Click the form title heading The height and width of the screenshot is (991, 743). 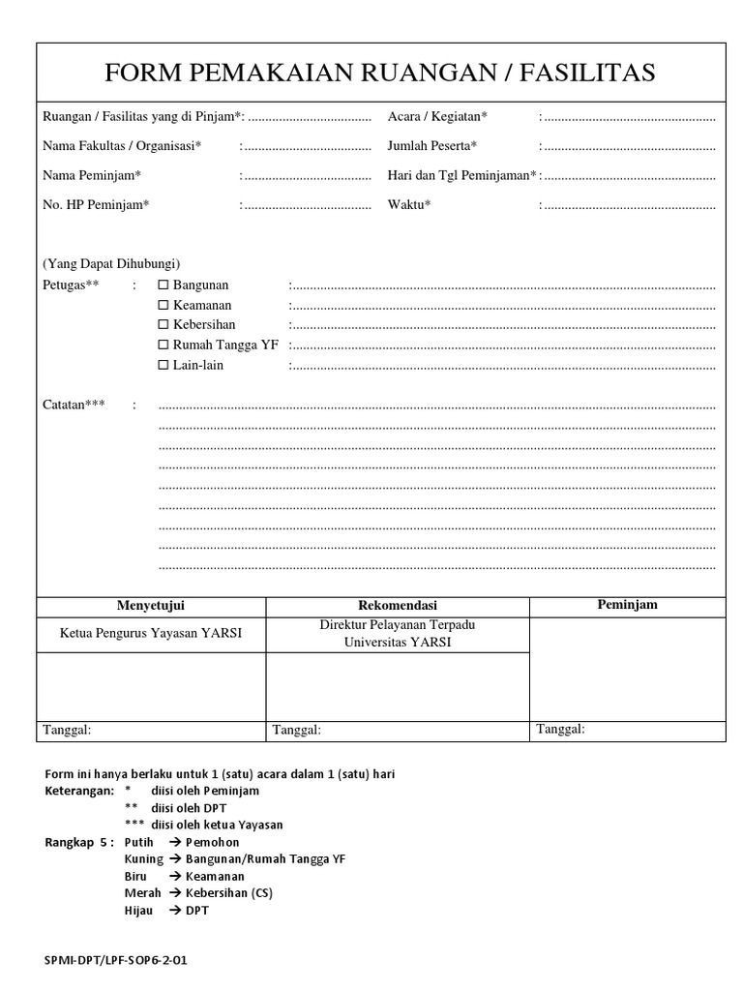tap(380, 73)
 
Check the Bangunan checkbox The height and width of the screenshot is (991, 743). tap(163, 285)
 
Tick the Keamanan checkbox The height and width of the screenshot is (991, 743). tap(163, 305)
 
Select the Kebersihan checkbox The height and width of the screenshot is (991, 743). tap(163, 324)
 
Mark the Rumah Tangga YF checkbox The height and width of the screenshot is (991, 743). tap(163, 345)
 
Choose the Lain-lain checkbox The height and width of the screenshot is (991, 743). tap(163, 365)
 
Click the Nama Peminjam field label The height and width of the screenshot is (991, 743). tap(92, 175)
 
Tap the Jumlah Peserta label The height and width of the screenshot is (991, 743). tap(432, 146)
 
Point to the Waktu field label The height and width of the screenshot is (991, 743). tap(409, 204)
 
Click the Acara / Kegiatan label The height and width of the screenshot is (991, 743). tap(437, 116)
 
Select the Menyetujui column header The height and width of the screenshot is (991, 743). tap(151, 606)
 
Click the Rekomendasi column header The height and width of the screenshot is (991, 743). tap(398, 606)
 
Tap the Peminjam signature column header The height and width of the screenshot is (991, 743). tap(627, 605)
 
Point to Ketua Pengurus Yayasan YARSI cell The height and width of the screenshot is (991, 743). tap(151, 634)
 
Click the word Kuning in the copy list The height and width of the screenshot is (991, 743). tap(144, 858)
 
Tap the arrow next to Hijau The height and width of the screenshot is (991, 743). tap(175, 911)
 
